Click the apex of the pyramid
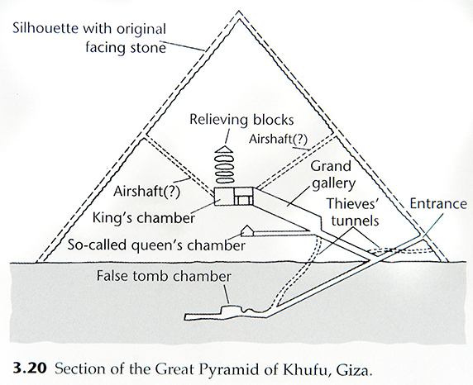pos(239,12)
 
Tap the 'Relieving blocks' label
pos(241,120)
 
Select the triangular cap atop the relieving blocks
pos(225,149)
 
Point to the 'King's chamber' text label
pos(144,217)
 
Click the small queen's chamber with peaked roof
pos(247,231)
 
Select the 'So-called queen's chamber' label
pos(156,245)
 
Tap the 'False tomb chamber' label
pos(164,277)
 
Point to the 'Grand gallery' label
pos(333,175)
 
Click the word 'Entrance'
pos(438,204)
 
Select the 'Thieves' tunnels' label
pos(354,212)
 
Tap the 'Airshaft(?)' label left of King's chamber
pos(146,192)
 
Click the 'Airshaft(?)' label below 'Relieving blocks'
pos(278,140)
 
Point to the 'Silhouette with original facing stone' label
pos(89,38)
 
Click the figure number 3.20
pos(30,368)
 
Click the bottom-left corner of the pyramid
pos(36,262)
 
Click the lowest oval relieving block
pos(224,179)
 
